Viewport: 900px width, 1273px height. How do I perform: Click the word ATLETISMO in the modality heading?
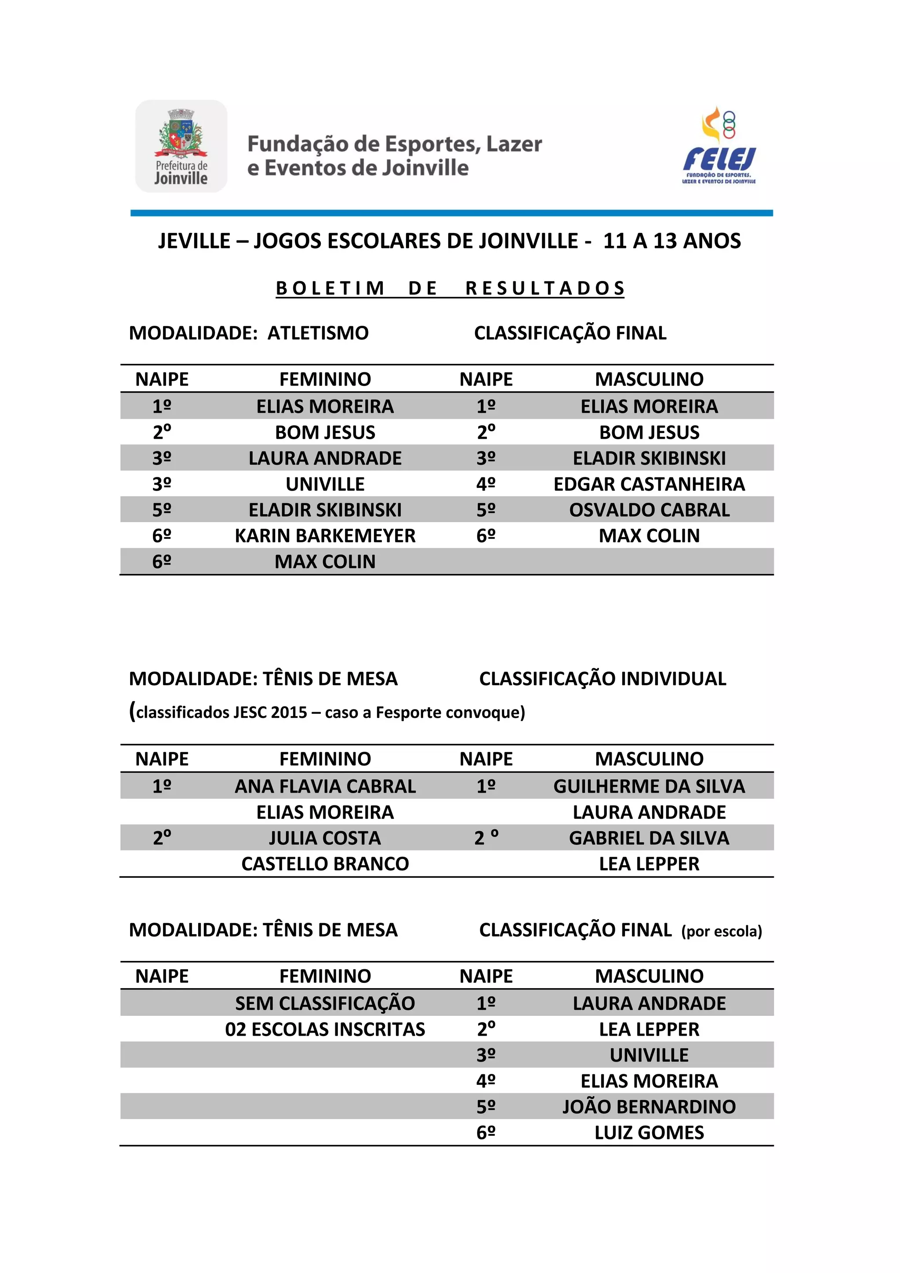coord(318,333)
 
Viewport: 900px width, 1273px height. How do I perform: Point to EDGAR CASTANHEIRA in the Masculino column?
coord(649,484)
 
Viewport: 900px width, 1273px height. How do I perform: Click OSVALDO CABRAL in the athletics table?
coord(649,510)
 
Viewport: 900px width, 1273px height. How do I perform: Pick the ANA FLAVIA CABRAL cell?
coord(325,787)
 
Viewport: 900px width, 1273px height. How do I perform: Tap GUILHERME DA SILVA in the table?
coord(649,787)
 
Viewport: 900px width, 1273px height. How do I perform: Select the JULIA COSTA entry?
coord(325,838)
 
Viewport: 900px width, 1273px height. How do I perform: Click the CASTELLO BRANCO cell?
coord(325,864)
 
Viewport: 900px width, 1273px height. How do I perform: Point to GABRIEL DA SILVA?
coord(649,838)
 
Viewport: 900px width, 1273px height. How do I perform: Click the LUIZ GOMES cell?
coord(649,1133)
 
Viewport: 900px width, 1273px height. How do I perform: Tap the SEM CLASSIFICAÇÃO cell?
coord(325,1004)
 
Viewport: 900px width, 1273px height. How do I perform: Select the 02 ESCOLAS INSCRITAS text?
coord(325,1029)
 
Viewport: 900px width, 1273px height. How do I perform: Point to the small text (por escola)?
coord(722,931)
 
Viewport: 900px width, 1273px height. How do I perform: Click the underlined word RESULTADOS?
coord(545,289)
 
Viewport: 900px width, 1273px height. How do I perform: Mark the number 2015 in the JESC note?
coord(289,713)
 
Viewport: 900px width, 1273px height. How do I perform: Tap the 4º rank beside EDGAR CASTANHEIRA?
coord(486,484)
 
